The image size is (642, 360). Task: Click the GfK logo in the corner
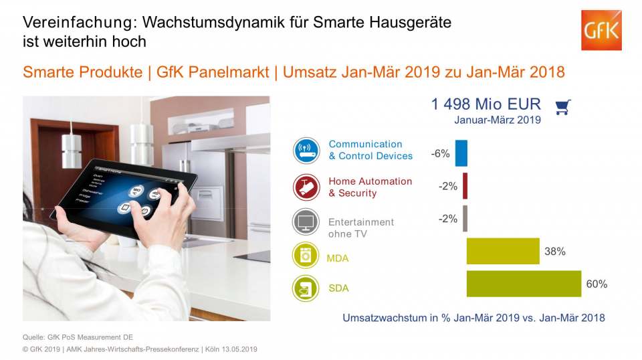[x=601, y=30]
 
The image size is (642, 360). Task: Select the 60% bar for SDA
[x=524, y=284]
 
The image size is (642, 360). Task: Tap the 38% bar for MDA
[x=503, y=251]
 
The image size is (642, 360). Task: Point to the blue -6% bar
[x=461, y=153]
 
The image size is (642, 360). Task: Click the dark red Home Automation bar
[x=465, y=186]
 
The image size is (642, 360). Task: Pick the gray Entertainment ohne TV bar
[x=465, y=218]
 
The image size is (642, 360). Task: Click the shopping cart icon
[x=562, y=107]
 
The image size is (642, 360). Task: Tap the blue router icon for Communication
[x=306, y=150]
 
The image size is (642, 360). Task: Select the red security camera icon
[x=306, y=187]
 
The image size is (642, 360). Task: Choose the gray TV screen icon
[x=306, y=222]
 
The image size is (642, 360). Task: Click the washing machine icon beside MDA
[x=306, y=256]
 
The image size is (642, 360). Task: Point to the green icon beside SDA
[x=306, y=288]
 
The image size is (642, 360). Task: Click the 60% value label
[x=597, y=284]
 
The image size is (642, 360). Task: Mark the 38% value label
[x=555, y=252]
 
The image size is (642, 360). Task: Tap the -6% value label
[x=440, y=154]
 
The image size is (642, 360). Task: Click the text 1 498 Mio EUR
[x=486, y=104]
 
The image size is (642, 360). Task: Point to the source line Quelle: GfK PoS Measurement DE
[x=83, y=337]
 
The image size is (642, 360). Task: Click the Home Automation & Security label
[x=370, y=187]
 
